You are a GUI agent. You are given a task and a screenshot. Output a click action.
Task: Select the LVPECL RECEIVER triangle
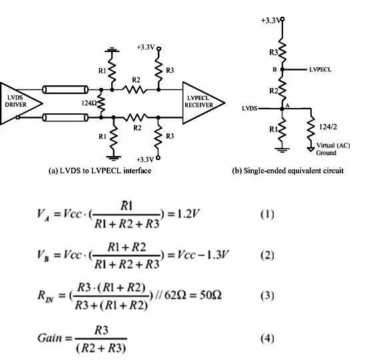coord(202,103)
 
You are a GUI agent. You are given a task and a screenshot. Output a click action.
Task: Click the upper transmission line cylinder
coord(65,89)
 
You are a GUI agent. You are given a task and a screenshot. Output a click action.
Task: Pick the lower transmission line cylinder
coord(65,117)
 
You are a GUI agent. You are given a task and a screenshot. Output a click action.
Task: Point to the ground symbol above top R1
coord(112,50)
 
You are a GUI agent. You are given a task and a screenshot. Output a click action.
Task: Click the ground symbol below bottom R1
coord(113,158)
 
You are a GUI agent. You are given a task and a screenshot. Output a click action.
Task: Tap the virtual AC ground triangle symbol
coord(311,149)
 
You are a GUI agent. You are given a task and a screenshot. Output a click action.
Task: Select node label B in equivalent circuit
coord(274,69)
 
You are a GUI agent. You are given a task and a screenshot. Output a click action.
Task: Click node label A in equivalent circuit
coord(288,105)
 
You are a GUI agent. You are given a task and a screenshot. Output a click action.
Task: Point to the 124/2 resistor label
coord(328,127)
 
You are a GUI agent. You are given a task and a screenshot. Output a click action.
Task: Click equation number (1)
coord(267,214)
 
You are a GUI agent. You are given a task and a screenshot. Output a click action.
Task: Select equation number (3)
coord(267,295)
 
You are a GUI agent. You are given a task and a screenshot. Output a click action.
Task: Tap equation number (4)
coord(267,338)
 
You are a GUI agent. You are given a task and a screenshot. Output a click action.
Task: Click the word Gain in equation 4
coord(50,337)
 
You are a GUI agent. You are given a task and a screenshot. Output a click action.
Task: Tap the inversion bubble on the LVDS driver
coord(18,117)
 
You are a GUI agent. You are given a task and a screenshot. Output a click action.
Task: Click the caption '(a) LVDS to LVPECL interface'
coord(100,171)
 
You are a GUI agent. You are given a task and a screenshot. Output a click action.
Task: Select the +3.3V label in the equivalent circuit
coord(270,21)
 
